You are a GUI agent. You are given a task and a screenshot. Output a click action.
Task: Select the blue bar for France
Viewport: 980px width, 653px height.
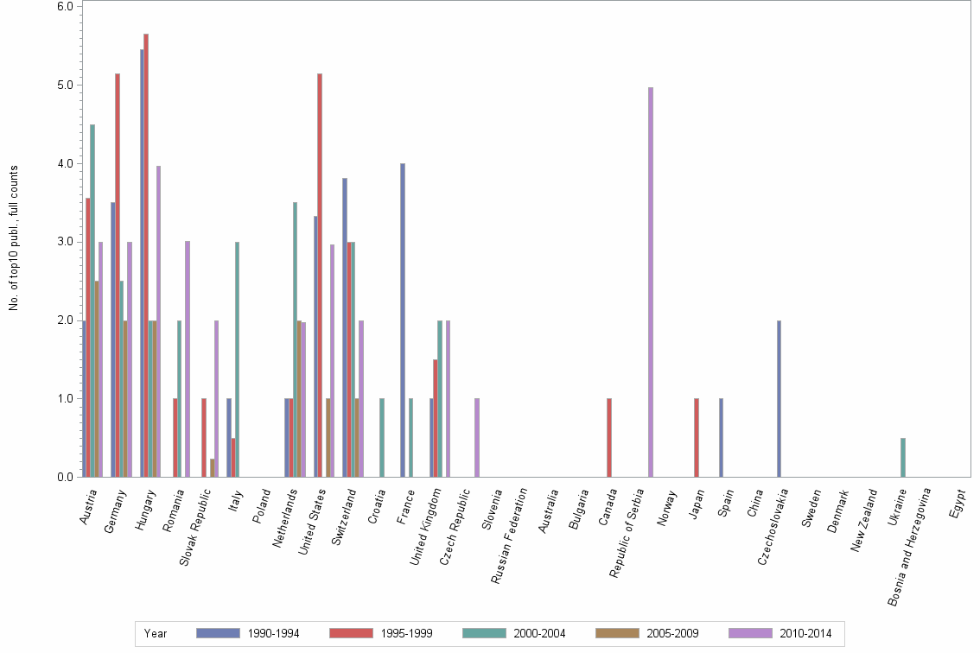(x=403, y=320)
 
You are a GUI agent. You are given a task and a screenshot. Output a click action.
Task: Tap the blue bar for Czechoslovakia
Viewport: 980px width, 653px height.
(x=779, y=398)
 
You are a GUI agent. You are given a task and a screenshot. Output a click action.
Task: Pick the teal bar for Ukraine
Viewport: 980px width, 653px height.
(x=903, y=457)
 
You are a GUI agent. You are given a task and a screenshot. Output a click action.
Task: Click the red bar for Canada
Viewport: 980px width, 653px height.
(x=609, y=437)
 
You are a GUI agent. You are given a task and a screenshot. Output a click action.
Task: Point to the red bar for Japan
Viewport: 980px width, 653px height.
(x=696, y=437)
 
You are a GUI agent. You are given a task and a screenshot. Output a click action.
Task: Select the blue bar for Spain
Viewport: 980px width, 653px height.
(x=721, y=437)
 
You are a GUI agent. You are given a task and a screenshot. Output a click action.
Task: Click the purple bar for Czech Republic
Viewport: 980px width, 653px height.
(x=477, y=437)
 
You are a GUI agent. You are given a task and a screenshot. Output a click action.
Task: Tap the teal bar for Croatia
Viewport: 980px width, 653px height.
(x=382, y=437)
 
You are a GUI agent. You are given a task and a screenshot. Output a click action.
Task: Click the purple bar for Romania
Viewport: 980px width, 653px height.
(x=188, y=358)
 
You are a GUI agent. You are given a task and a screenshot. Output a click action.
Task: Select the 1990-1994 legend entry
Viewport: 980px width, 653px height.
(x=248, y=633)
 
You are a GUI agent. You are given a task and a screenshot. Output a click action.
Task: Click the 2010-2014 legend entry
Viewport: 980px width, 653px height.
(x=780, y=633)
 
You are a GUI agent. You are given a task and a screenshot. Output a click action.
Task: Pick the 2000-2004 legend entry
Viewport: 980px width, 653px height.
(x=514, y=633)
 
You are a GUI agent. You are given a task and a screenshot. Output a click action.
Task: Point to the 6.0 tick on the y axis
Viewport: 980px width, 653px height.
(x=66, y=6)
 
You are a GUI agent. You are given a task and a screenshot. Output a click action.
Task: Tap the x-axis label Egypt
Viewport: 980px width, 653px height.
(x=958, y=504)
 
